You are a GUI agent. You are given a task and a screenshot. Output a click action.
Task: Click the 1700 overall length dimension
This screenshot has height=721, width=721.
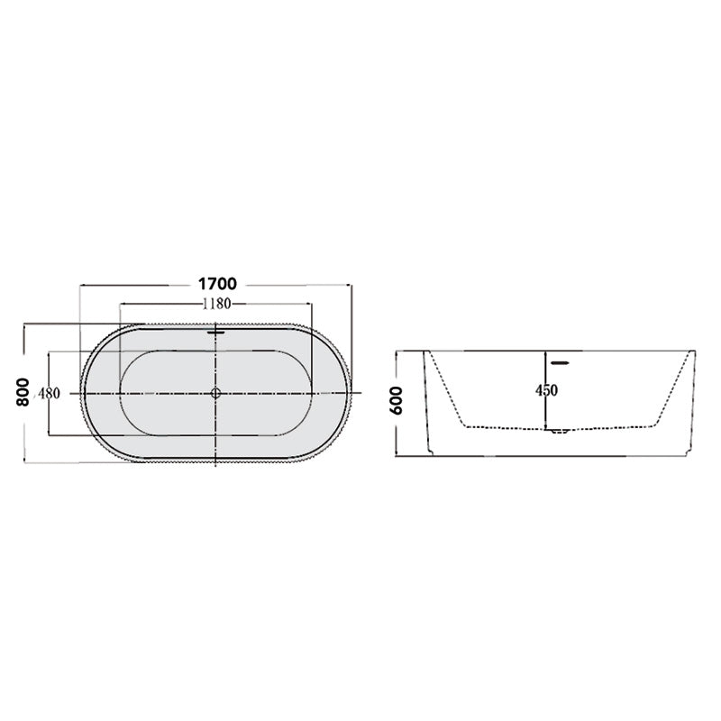tap(217, 284)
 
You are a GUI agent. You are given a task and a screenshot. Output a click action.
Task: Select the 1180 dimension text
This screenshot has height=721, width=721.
tap(216, 304)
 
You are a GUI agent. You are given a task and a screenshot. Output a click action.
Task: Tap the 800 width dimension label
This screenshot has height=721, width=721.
tap(23, 392)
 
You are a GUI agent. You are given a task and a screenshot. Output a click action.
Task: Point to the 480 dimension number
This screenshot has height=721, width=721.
tap(50, 394)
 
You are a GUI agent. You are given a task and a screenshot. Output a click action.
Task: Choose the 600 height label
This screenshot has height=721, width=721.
tap(396, 400)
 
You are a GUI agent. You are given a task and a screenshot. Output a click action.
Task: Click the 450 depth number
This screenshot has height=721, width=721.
tap(546, 390)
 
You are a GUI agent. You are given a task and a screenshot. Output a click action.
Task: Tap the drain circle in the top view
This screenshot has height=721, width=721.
tap(215, 393)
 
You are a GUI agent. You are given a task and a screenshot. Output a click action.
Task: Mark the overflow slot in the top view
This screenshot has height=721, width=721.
tap(215, 332)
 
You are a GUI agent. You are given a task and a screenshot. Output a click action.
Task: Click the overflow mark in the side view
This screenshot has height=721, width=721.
tap(560, 363)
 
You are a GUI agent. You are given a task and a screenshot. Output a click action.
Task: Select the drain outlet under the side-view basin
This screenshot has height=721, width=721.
tap(559, 432)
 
